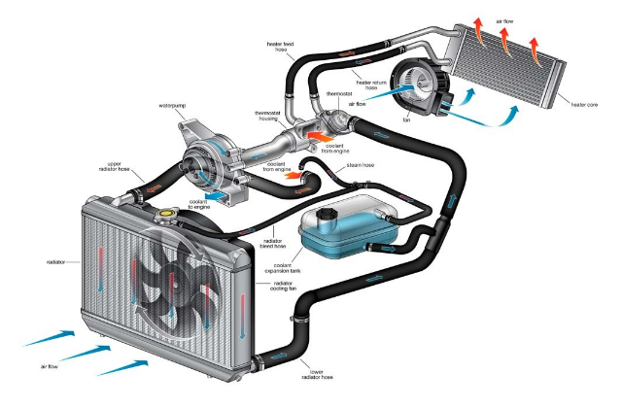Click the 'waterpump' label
point(172,106)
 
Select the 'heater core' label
point(584,105)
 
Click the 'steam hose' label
point(361,165)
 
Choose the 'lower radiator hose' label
point(317,375)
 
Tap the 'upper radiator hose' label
point(114,166)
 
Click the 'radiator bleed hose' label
point(273,244)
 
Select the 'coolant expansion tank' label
point(283,268)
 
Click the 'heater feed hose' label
point(280,47)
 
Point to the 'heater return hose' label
point(371,85)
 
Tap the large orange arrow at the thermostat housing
point(321,137)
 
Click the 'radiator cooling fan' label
point(283,286)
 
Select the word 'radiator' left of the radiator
point(55,262)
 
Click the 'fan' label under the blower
point(406,119)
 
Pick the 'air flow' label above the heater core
point(504,21)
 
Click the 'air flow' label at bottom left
point(50,367)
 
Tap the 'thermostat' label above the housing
point(339,94)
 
